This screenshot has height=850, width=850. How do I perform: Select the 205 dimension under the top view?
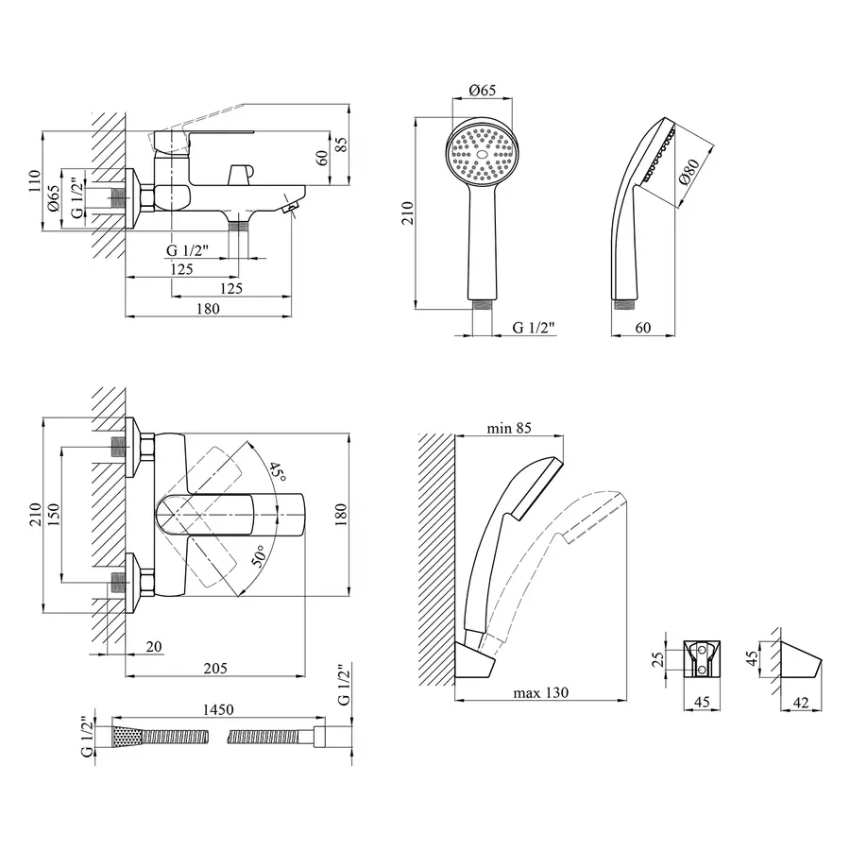click(215, 668)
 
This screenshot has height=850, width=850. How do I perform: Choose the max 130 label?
click(541, 692)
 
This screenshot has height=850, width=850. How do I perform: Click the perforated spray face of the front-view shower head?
click(483, 151)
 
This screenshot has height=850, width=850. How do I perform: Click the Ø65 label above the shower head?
click(483, 91)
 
